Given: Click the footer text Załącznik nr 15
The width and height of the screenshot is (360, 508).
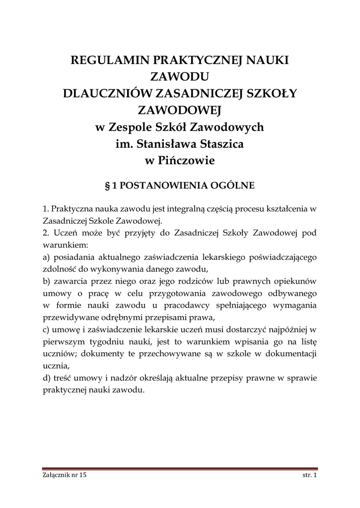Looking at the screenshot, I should click(x=65, y=475).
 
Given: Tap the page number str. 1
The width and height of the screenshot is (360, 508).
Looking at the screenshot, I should click(x=310, y=475).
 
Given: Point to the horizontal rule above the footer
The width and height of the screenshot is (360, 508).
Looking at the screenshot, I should click(x=180, y=469).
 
